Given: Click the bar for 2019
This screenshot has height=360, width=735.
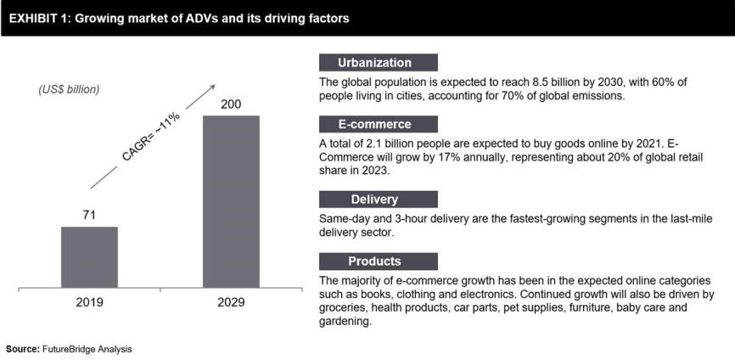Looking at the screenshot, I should coord(89,256).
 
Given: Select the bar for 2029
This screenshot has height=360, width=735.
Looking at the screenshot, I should coord(230,201).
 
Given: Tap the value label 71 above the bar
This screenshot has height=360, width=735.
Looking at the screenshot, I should coord(89,215).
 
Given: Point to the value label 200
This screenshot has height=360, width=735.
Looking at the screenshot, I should coord(230,104).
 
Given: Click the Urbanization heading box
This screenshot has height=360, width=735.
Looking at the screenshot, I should coord(378,62).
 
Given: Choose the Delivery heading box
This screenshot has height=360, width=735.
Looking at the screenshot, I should coord(378,200).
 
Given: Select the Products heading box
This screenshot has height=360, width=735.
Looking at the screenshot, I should coord(378,261).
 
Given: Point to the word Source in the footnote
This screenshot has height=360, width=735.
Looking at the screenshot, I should coord(22,349).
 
